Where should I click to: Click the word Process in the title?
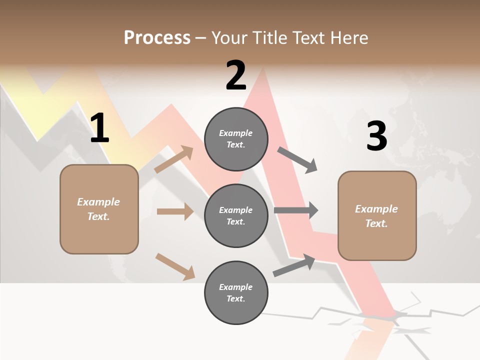157,38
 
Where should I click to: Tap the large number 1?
99,129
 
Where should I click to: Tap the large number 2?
236,75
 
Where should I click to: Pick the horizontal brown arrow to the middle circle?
175,211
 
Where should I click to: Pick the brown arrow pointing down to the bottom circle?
175,266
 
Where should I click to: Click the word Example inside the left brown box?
98,202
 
